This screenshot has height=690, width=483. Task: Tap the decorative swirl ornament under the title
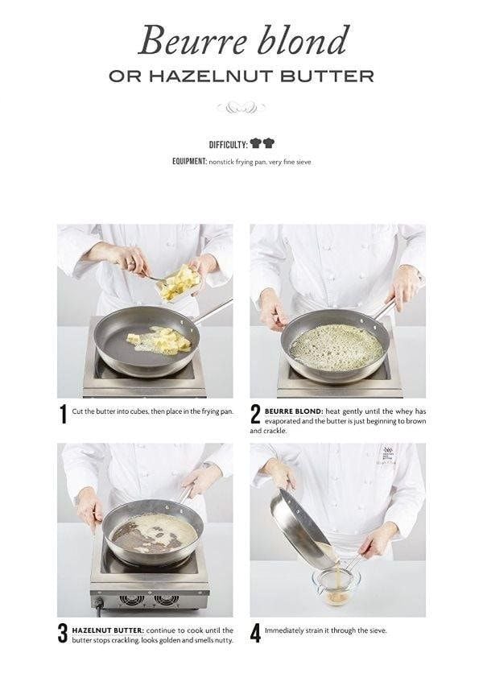click(x=241, y=107)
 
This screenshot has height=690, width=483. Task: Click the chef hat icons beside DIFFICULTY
click(x=262, y=143)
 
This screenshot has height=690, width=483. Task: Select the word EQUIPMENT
click(x=189, y=162)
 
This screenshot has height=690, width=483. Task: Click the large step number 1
click(x=64, y=414)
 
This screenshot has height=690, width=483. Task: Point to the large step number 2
click(x=255, y=414)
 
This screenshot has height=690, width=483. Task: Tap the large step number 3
click(x=64, y=633)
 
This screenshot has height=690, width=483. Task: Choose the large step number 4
click(x=255, y=633)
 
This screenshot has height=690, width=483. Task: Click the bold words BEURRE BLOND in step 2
click(x=294, y=411)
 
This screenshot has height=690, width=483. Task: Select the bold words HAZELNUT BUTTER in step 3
click(x=108, y=630)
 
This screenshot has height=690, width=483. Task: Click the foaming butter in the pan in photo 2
click(x=336, y=348)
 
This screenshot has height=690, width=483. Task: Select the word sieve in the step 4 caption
click(x=378, y=630)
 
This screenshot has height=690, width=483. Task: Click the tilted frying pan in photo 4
click(x=303, y=528)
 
